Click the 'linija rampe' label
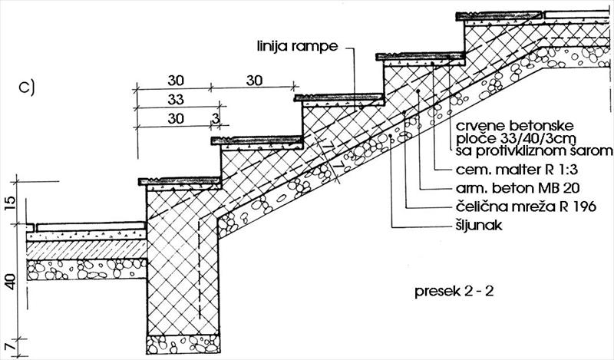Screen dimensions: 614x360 tap(297, 46)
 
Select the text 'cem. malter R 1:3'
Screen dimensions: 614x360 tap(517, 170)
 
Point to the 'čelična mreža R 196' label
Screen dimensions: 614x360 tap(526, 206)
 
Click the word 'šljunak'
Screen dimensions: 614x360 tap(479, 226)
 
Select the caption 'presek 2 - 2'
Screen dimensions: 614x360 tap(454, 292)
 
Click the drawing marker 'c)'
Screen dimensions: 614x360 tap(27, 88)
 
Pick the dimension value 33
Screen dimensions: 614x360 tap(176, 100)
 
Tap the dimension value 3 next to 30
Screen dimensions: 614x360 tap(215, 118)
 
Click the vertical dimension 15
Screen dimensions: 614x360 tap(11, 203)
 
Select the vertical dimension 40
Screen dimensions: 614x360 tap(11, 282)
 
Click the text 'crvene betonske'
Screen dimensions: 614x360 tap(515, 126)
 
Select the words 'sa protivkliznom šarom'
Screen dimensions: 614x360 tap(534, 150)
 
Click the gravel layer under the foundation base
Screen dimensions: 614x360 tap(183, 345)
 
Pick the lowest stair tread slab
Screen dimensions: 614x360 tap(180, 181)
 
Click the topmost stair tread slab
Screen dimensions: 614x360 tap(500, 16)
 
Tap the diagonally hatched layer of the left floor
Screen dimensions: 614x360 tap(87, 250)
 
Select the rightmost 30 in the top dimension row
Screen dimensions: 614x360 tap(255, 81)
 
